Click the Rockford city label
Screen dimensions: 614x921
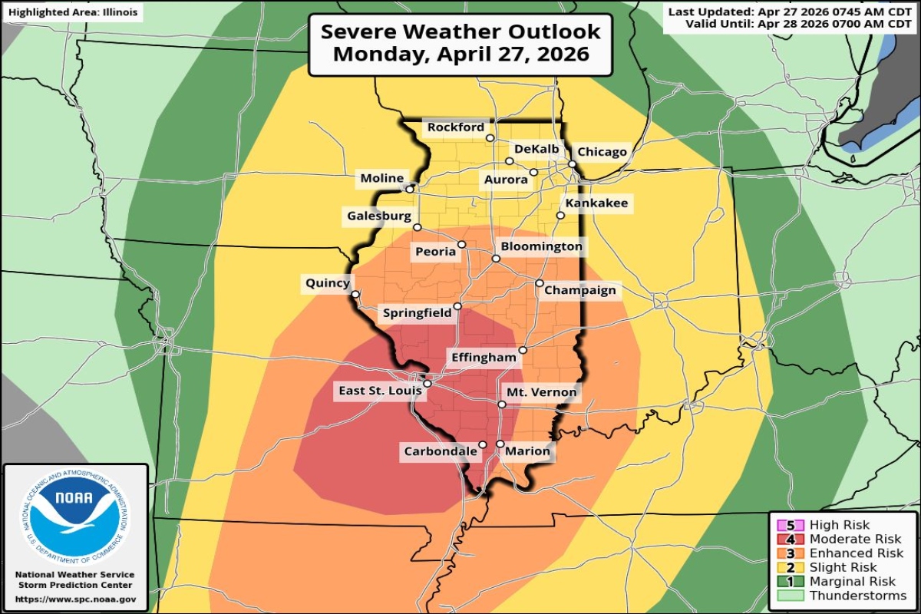456,127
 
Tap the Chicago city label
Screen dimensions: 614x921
602,152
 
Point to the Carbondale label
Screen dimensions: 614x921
441,451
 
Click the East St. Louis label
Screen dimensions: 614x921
380,391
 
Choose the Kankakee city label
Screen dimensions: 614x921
596,203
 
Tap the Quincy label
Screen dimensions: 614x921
327,283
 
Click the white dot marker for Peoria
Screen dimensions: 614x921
462,245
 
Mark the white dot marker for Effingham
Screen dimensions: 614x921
522,351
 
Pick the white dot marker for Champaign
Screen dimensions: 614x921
540,283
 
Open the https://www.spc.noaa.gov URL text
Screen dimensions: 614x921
75,599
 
